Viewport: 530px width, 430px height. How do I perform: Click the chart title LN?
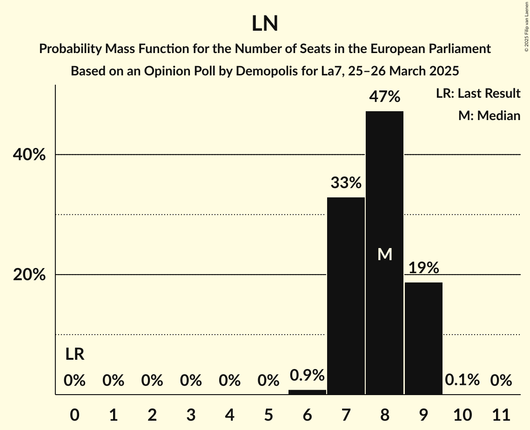265,24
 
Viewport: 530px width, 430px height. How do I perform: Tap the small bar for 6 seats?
307,392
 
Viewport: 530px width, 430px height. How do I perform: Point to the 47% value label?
384,97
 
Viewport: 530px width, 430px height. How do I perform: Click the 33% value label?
346,183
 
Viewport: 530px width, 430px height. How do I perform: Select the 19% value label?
423,268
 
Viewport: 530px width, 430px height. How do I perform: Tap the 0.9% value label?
307,375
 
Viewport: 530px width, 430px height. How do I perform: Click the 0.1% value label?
462,380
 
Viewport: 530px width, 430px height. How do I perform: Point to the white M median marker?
385,254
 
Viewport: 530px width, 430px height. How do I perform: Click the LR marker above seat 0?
74,355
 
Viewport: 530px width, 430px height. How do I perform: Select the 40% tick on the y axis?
29,155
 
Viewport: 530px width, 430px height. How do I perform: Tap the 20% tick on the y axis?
29,275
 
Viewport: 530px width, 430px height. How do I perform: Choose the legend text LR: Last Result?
478,94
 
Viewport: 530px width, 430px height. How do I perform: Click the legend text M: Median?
489,115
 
